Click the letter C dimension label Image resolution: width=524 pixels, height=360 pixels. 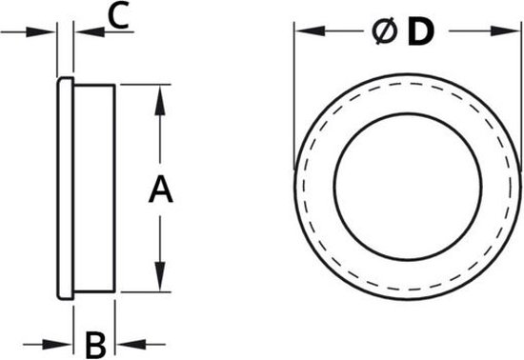[115, 15]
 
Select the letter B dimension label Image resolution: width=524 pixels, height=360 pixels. [94, 342]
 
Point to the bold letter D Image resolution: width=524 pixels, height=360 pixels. [419, 32]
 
